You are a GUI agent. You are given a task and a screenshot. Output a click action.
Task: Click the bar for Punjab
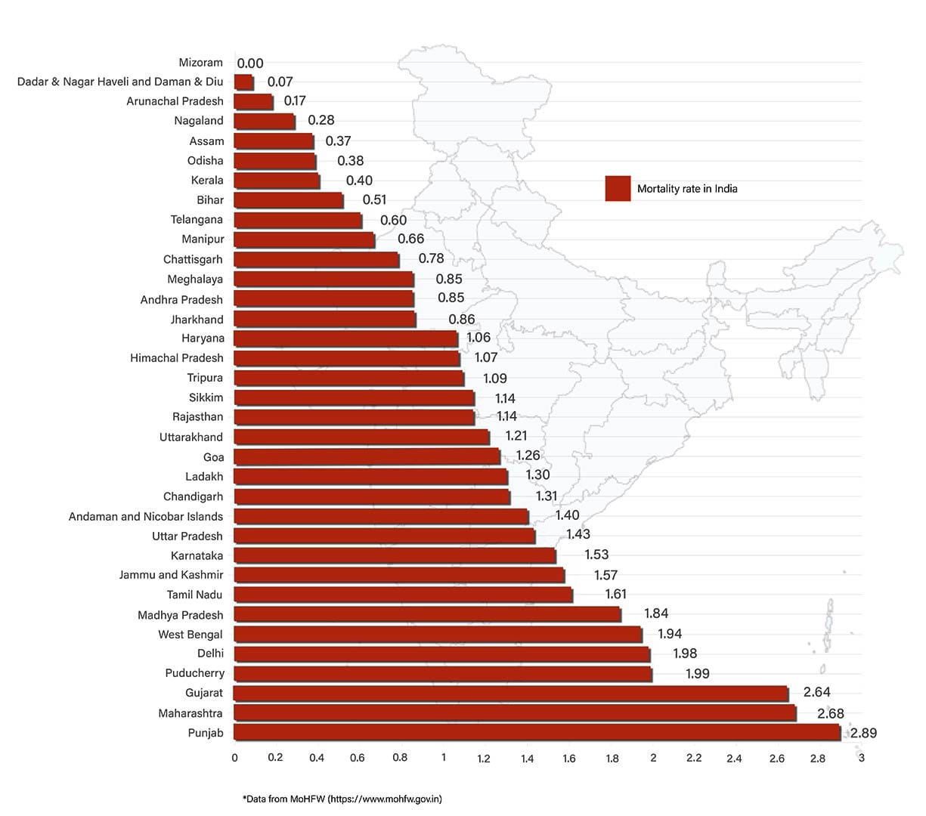pos(537,732)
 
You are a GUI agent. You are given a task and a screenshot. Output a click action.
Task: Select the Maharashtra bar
pos(514,712)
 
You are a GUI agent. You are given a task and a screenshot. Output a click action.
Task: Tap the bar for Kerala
pos(277,181)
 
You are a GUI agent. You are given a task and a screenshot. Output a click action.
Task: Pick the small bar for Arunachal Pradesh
pos(253,101)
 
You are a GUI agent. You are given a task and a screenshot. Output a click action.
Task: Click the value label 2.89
pos(863,733)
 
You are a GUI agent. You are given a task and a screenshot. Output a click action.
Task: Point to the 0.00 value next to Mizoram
pos(250,63)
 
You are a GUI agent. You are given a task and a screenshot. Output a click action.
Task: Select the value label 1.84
pos(656,614)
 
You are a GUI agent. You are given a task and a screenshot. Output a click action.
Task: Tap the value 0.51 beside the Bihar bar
pos(374,200)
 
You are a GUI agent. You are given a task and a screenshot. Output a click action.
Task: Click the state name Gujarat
pos(204,693)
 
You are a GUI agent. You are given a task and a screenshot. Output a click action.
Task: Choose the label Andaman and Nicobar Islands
pos(146,517)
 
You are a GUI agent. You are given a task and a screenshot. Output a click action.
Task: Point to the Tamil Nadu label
pos(195,595)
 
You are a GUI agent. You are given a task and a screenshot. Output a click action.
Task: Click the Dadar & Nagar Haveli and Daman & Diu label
pos(120,82)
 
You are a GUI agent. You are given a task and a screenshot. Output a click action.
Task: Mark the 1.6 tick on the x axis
pos(569,758)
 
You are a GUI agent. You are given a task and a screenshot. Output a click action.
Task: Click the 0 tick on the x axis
pos(235,758)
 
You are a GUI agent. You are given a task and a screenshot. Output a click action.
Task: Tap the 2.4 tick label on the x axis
pos(734,758)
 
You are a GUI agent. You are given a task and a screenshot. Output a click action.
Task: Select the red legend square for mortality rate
pos(618,188)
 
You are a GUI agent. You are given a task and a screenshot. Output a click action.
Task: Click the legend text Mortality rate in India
pos(687,189)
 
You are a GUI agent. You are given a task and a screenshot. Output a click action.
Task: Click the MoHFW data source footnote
pos(342,799)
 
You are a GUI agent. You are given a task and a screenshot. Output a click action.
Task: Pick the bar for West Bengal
pos(438,634)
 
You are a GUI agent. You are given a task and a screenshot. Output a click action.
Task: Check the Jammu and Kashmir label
pos(171,575)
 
